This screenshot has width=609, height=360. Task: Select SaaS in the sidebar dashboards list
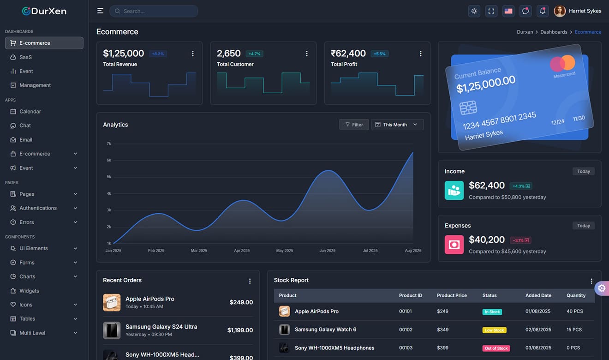[x=25, y=57]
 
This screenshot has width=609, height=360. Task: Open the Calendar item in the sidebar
[x=30, y=112]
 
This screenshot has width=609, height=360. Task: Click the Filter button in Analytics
[x=354, y=125]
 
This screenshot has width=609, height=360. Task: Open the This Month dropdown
[x=397, y=125]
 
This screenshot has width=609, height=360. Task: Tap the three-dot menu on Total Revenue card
[x=193, y=54]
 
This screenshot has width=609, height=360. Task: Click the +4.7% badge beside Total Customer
[x=254, y=54]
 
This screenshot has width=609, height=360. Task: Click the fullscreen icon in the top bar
[x=491, y=11]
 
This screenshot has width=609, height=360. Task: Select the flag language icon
[x=508, y=11]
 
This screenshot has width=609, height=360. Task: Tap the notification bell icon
[x=543, y=11]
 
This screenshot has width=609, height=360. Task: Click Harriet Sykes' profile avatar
[x=560, y=11]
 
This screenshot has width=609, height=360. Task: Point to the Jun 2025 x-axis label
[x=328, y=251]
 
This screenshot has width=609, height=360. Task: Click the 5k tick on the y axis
[x=109, y=177]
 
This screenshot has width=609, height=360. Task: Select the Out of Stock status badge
[x=496, y=348]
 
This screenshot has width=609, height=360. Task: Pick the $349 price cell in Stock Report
[x=442, y=330]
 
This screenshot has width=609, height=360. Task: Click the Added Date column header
[x=538, y=295]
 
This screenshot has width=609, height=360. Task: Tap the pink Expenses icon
[x=454, y=245]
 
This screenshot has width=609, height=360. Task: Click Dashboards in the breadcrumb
[x=554, y=32]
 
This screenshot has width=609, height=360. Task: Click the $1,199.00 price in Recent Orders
[x=240, y=330]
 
